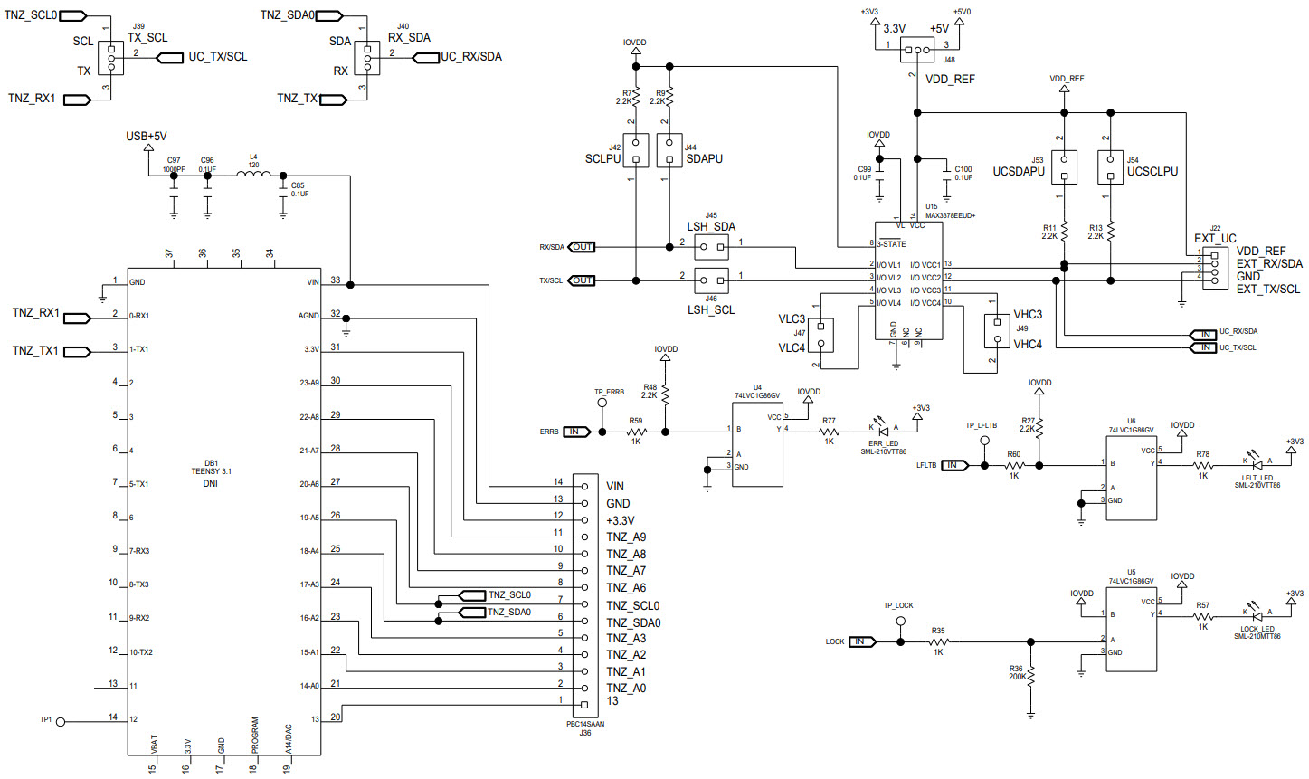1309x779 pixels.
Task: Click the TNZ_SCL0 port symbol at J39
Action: [x=73, y=15]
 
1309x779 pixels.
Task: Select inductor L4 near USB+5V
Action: [x=254, y=176]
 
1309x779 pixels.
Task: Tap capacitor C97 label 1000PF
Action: [x=173, y=168]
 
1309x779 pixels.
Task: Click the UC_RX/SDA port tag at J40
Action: [x=460, y=57]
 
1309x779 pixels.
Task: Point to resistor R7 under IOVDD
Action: [x=636, y=95]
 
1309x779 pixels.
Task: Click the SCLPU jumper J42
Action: [x=636, y=149]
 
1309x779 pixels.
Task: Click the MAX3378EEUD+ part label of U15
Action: [x=951, y=215]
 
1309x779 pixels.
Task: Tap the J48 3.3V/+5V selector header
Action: [x=917, y=50]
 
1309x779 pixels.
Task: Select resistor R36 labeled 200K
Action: [x=1031, y=674]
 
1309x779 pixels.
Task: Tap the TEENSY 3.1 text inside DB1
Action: [x=211, y=471]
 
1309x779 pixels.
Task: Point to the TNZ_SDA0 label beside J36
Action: [x=633, y=622]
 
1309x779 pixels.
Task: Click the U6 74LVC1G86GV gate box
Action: [x=1131, y=478]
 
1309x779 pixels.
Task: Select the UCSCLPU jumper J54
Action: [x=1110, y=166]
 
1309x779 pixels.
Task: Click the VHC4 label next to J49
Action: [x=1028, y=345]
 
